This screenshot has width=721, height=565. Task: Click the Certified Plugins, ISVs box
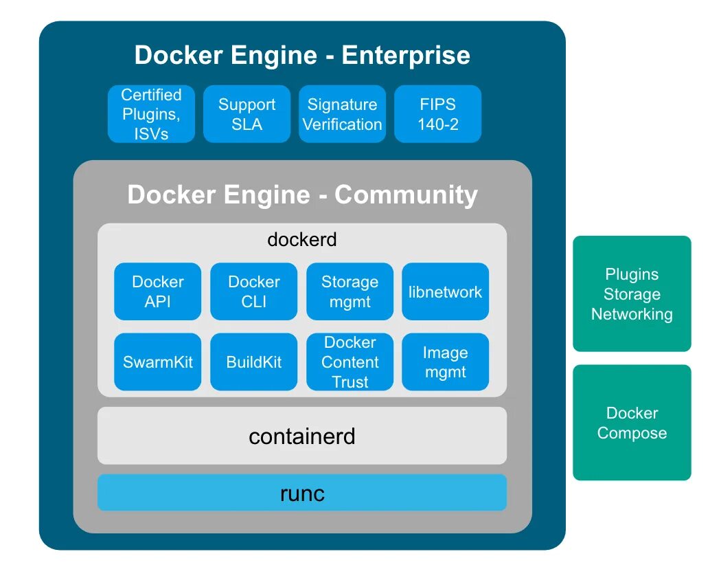[x=151, y=114]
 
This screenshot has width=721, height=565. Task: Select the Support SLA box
[x=247, y=114]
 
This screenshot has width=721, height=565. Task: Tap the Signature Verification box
[x=342, y=114]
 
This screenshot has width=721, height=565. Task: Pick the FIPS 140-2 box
[x=437, y=114]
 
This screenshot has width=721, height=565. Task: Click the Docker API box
[x=158, y=291]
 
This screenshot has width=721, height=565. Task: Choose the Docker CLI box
[x=254, y=291]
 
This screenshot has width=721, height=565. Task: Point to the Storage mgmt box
[x=350, y=291]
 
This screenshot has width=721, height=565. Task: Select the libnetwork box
[x=445, y=291]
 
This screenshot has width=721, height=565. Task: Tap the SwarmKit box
[x=158, y=362]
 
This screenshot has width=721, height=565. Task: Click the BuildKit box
[x=254, y=362]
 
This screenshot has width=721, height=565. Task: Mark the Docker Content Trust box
[x=350, y=362]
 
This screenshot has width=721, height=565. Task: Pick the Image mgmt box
[x=445, y=362]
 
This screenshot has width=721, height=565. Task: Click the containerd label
[x=302, y=436]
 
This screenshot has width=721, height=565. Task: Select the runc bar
[x=302, y=493]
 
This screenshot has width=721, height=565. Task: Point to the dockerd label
[x=302, y=240]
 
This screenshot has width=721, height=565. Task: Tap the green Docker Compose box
[x=632, y=423]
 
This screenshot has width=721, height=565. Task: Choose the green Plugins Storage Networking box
[x=632, y=294]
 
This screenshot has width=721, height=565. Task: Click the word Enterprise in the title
[x=406, y=55]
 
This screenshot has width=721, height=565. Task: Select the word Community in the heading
[x=406, y=195]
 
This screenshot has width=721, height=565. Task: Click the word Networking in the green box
[x=632, y=314]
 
